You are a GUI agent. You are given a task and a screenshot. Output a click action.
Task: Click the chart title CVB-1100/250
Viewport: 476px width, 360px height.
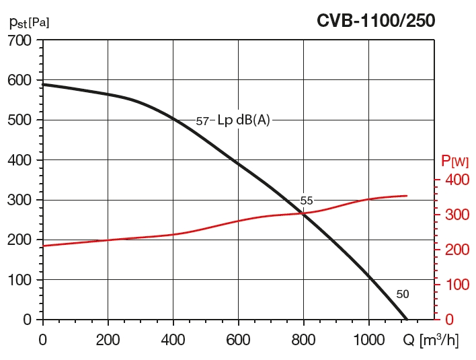376,21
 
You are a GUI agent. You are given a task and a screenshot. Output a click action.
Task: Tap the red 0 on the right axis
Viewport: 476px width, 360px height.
448,319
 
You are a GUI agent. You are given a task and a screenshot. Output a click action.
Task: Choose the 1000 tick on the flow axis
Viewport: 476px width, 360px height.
368,340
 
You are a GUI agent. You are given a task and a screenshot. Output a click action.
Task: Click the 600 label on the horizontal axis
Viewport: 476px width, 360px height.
238,340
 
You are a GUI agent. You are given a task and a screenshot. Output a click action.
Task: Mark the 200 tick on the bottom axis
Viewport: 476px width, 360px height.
108,340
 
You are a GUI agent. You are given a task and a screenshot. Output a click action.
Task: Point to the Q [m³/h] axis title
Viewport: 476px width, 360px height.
431,340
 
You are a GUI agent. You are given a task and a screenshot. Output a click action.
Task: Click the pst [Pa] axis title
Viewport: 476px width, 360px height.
29,22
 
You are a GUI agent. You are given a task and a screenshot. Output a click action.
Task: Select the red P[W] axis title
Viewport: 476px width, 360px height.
454,161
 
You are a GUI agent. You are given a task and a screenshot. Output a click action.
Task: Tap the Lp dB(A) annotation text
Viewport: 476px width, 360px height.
243,120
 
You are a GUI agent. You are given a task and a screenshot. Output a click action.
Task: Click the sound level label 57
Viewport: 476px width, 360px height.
202,121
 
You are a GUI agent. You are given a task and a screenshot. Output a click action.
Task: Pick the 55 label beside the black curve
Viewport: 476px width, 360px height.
307,201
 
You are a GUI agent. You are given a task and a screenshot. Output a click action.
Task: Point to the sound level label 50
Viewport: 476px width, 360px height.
402,294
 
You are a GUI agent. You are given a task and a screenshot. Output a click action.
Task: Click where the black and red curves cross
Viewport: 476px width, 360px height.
303,213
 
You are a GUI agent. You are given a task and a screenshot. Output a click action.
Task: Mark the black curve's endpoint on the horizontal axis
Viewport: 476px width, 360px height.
407,319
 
